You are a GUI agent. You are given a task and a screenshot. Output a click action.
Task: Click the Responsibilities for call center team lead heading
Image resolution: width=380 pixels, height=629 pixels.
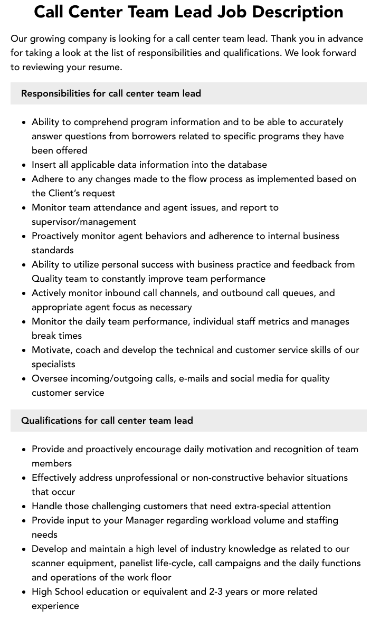[111, 93]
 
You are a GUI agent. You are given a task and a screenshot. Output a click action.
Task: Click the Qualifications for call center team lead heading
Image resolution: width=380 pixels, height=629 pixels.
[107, 421]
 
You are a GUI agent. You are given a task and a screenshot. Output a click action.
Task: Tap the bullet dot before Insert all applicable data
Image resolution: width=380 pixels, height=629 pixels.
[24, 165]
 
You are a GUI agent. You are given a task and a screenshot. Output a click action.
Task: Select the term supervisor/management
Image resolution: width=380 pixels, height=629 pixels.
[84, 222]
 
